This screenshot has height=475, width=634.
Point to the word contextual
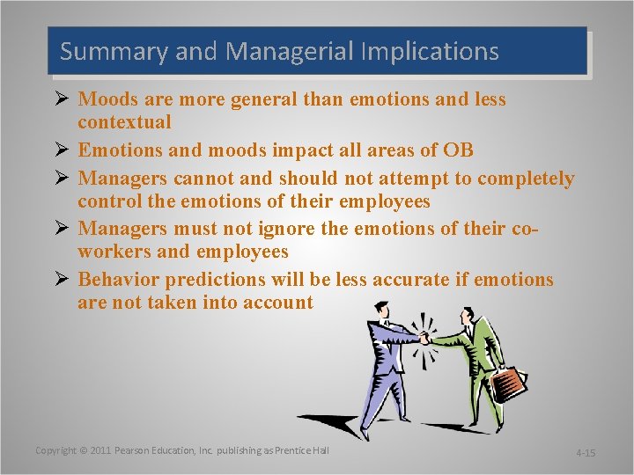[x=124, y=121]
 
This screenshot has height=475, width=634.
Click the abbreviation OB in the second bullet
[x=457, y=150]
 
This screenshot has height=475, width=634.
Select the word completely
[x=526, y=179]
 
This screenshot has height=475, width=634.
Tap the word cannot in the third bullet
[x=204, y=179]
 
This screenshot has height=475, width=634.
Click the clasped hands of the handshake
[x=426, y=338]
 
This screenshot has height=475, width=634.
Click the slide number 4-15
[x=585, y=453]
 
